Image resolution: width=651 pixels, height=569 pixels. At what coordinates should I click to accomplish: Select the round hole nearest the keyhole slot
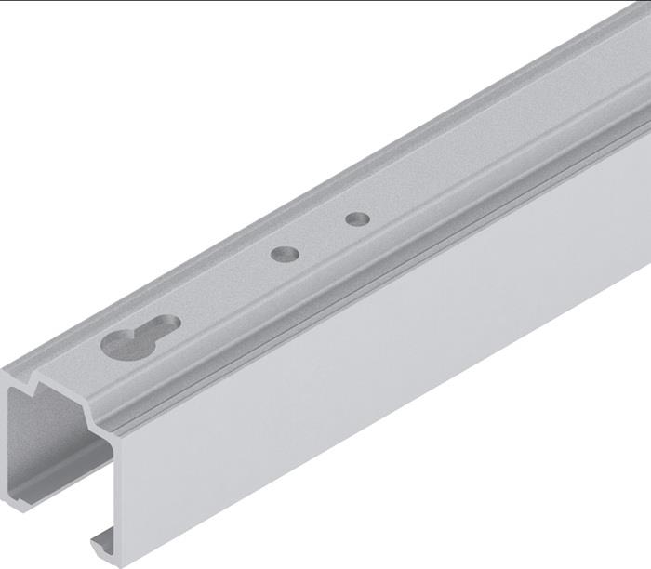pyautogui.click(x=285, y=252)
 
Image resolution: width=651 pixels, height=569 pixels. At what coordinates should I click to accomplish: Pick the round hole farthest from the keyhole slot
pyautogui.click(x=357, y=219)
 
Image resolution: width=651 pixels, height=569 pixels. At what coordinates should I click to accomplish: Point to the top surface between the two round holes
pyautogui.click(x=321, y=236)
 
